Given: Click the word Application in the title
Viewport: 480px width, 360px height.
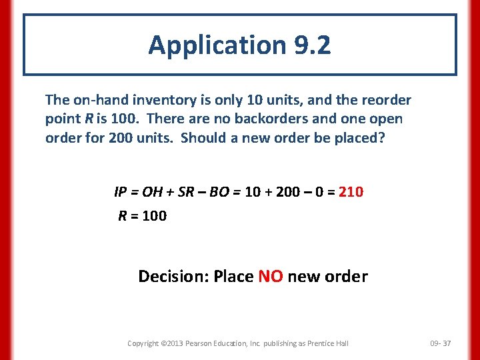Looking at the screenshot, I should [216, 45].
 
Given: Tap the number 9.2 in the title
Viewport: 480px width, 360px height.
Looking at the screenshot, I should [311, 45].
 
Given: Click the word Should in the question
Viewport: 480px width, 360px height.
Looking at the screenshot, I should [205, 137].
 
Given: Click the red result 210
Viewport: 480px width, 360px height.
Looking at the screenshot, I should [351, 193].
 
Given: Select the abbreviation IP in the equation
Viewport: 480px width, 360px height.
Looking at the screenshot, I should [121, 193].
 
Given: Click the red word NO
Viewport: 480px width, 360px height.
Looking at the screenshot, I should [270, 276].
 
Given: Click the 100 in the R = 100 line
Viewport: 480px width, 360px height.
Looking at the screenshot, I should [154, 215].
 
